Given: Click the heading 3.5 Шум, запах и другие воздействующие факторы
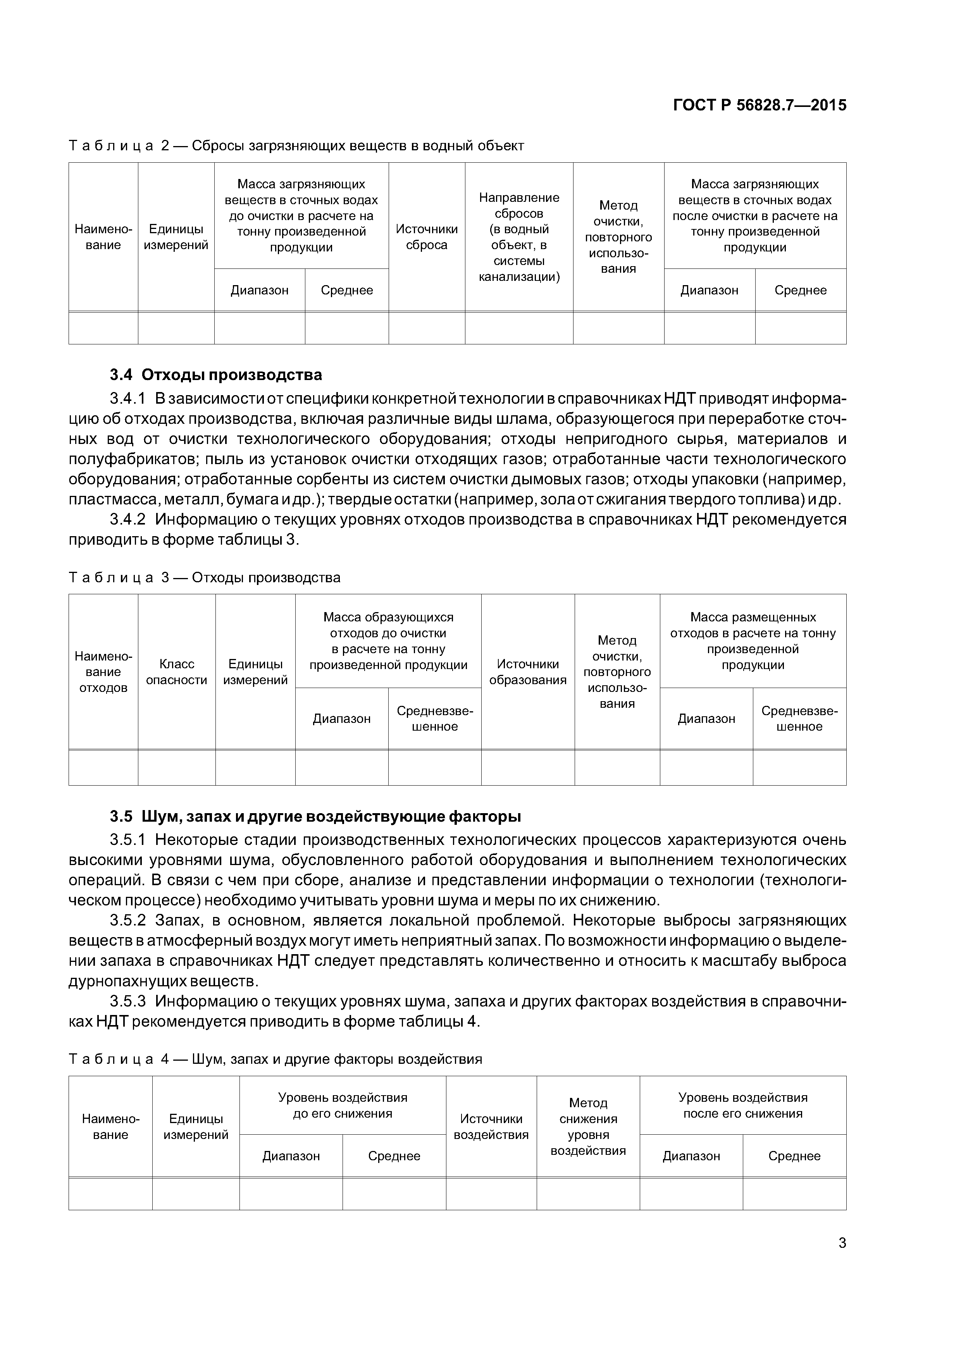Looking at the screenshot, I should point(315,816).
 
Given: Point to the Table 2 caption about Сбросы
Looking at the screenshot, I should point(296,146).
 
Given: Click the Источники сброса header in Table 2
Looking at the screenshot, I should point(426,237).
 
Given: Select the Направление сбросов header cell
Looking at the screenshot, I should point(519,237).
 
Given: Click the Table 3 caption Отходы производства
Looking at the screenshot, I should point(204,578).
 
